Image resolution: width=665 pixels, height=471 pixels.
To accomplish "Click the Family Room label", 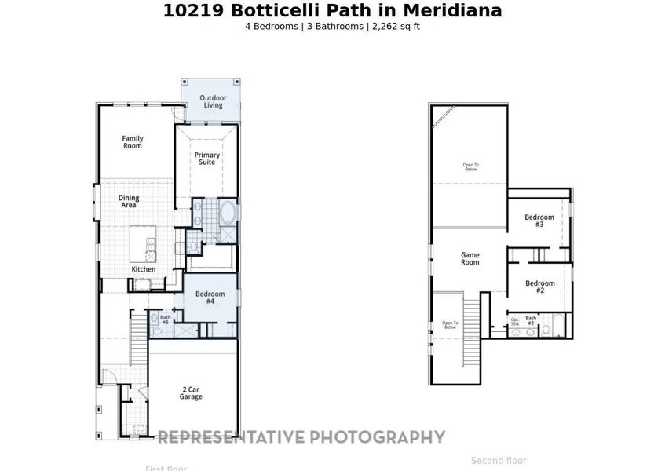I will [132, 142].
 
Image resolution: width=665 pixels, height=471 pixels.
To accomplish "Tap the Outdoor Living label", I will [213, 101].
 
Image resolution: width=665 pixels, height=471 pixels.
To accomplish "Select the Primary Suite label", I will [207, 158].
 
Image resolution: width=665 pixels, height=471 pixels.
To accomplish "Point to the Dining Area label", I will [129, 201].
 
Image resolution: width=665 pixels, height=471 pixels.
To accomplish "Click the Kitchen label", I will [143, 269].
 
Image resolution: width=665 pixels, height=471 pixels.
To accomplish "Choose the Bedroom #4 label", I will [210, 298].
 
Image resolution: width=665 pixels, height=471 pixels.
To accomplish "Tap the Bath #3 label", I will [165, 319].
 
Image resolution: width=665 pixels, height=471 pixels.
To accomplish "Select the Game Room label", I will [470, 258].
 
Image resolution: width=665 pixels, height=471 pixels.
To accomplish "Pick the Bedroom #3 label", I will [539, 221].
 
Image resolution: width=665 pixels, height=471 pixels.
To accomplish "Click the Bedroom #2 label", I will [539, 287].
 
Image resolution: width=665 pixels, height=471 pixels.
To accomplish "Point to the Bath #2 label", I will [531, 320].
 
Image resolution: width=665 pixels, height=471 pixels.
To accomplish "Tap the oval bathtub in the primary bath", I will [228, 213].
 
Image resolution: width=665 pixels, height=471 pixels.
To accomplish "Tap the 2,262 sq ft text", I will [395, 26].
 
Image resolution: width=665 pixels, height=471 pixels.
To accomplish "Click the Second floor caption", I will [499, 461].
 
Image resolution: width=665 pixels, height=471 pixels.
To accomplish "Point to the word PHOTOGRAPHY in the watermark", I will [377, 437].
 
